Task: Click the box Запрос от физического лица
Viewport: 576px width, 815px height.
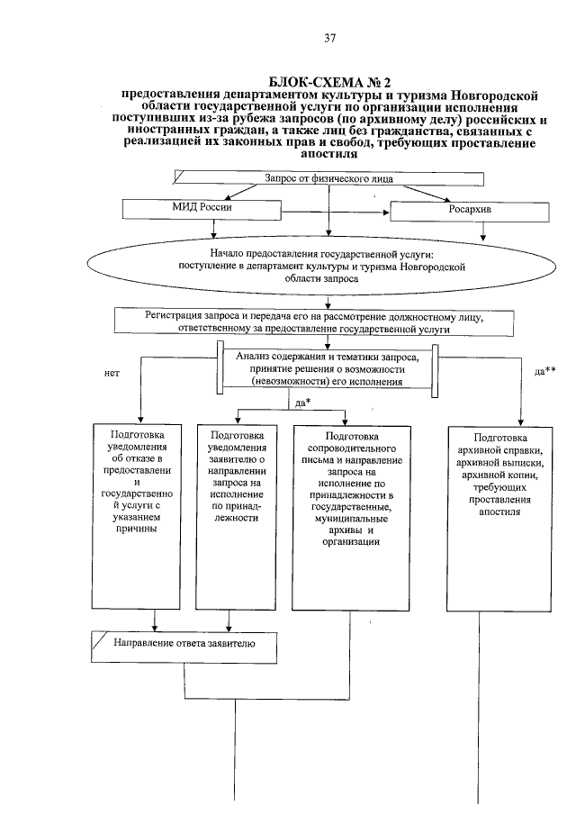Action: click(309, 179)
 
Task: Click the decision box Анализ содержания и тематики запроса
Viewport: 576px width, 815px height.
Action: click(328, 368)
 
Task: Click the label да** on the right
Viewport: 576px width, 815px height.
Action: click(544, 370)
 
